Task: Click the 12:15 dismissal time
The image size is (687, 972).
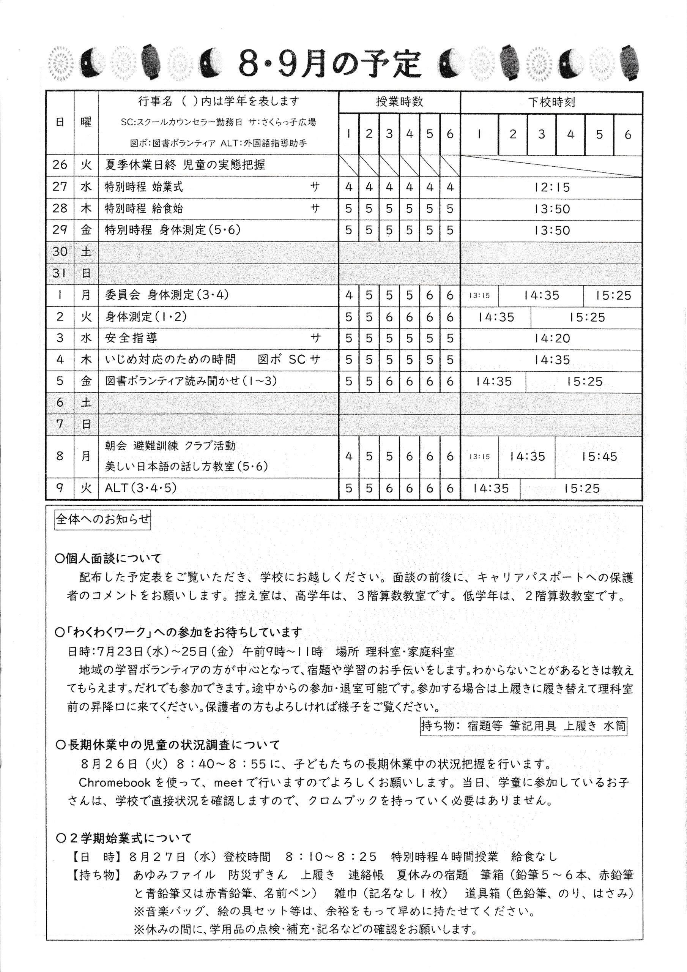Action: [551, 187]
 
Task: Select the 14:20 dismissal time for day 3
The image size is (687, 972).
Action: [551, 338]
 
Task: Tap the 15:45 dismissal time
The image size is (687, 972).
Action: [599, 456]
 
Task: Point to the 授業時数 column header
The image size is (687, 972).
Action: [399, 102]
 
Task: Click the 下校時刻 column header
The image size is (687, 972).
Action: [551, 102]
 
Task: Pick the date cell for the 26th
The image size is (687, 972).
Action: [60, 165]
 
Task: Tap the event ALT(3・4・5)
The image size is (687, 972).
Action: [140, 488]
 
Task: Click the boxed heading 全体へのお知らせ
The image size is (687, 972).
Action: [102, 519]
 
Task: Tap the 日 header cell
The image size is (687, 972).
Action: [60, 122]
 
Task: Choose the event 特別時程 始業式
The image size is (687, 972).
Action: [144, 187]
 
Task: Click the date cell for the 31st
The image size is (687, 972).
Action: [60, 273]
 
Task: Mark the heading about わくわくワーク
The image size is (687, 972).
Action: [179, 633]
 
